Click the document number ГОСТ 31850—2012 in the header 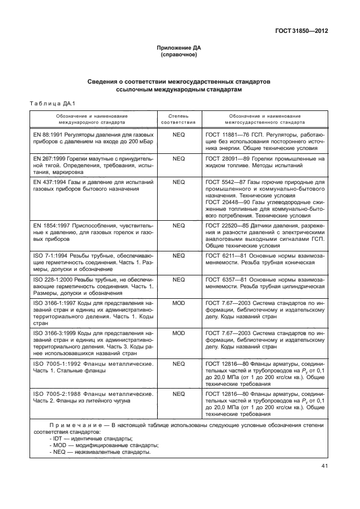pos(300,31)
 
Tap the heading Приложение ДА pos(179,49)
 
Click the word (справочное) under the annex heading pos(179,56)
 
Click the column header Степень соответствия pos(178,117)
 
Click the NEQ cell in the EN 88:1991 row pos(178,135)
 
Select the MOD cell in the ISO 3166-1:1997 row pos(178,302)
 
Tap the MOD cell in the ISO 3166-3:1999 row pos(178,332)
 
